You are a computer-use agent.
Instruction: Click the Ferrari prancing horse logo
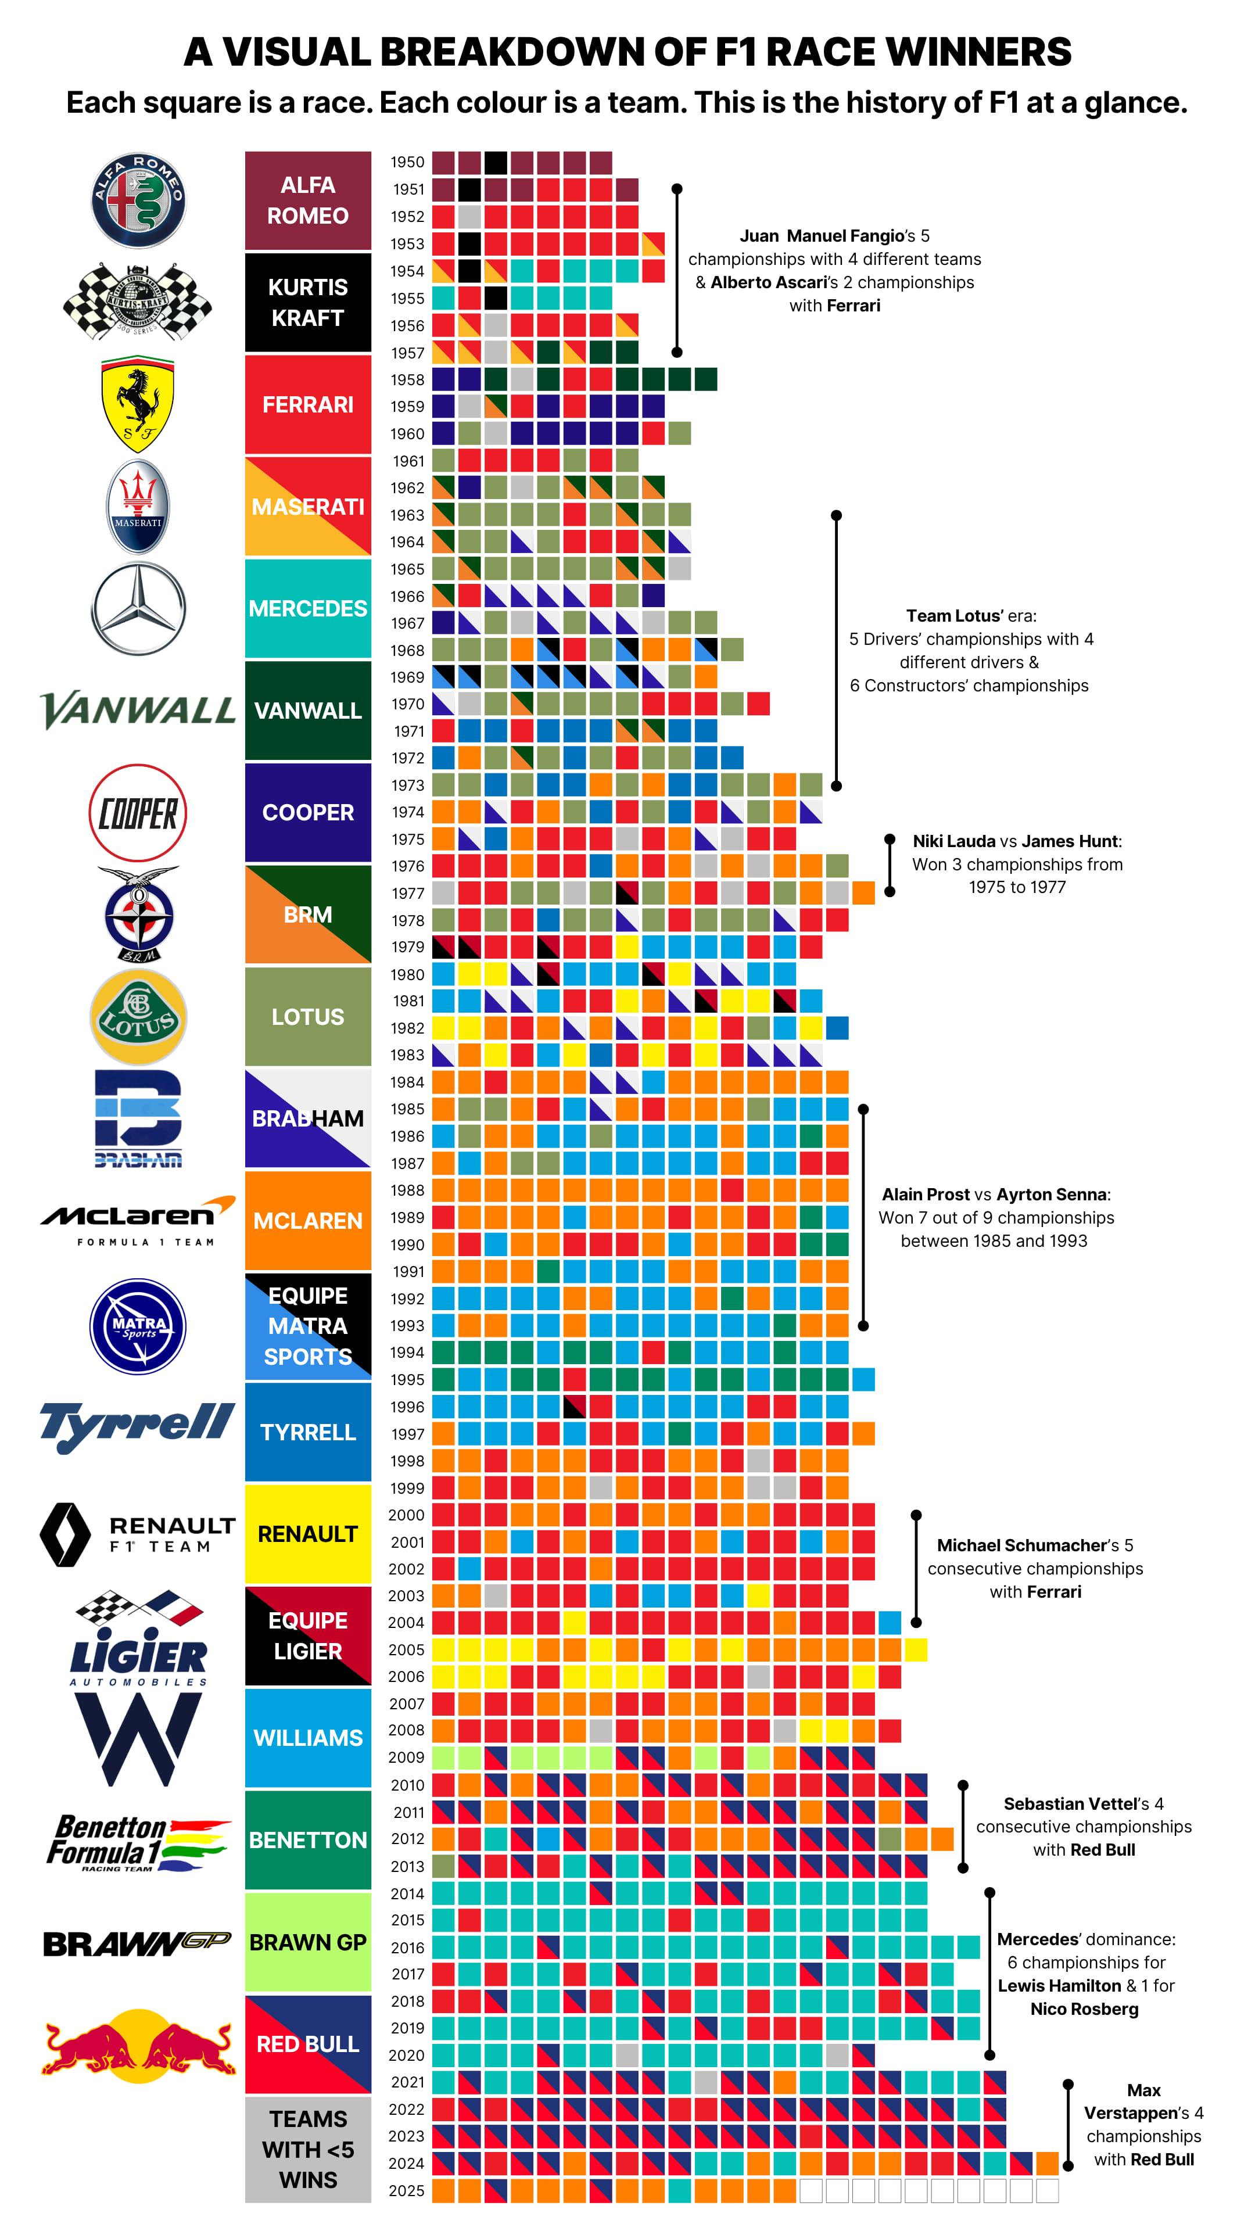coord(138,406)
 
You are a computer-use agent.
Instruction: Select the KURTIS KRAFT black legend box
coord(307,302)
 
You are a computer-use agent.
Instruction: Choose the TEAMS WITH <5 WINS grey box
coord(307,2148)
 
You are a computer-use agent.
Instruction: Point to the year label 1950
coord(407,162)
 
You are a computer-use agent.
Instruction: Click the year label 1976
coord(407,866)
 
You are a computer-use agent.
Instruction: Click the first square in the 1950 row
coord(443,162)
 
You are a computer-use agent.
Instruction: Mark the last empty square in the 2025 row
coord(1047,2190)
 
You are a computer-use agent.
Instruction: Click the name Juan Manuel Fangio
coord(821,235)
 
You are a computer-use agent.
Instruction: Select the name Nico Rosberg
coord(1084,2008)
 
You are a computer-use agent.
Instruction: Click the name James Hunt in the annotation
coord(1071,841)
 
